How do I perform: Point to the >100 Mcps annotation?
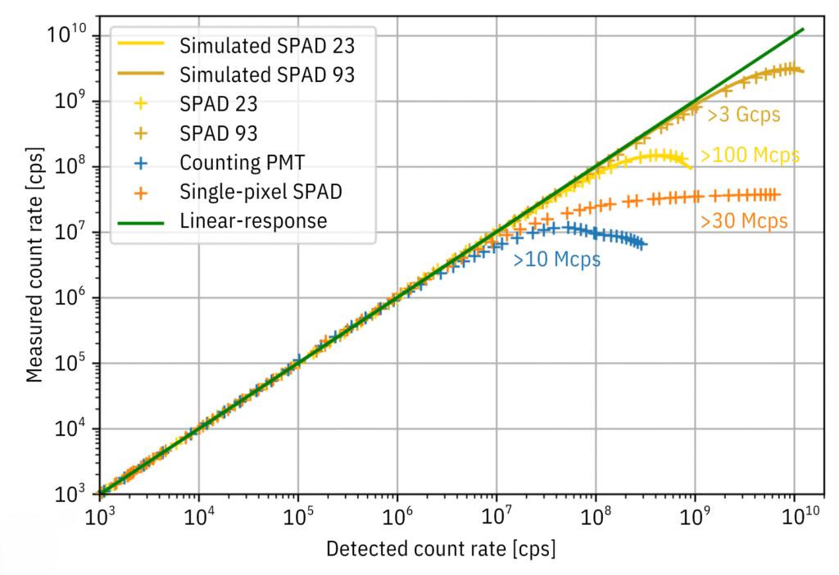(x=750, y=156)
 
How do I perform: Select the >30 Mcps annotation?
(x=744, y=220)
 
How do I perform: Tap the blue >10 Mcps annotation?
(x=557, y=260)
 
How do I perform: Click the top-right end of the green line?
(x=803, y=29)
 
